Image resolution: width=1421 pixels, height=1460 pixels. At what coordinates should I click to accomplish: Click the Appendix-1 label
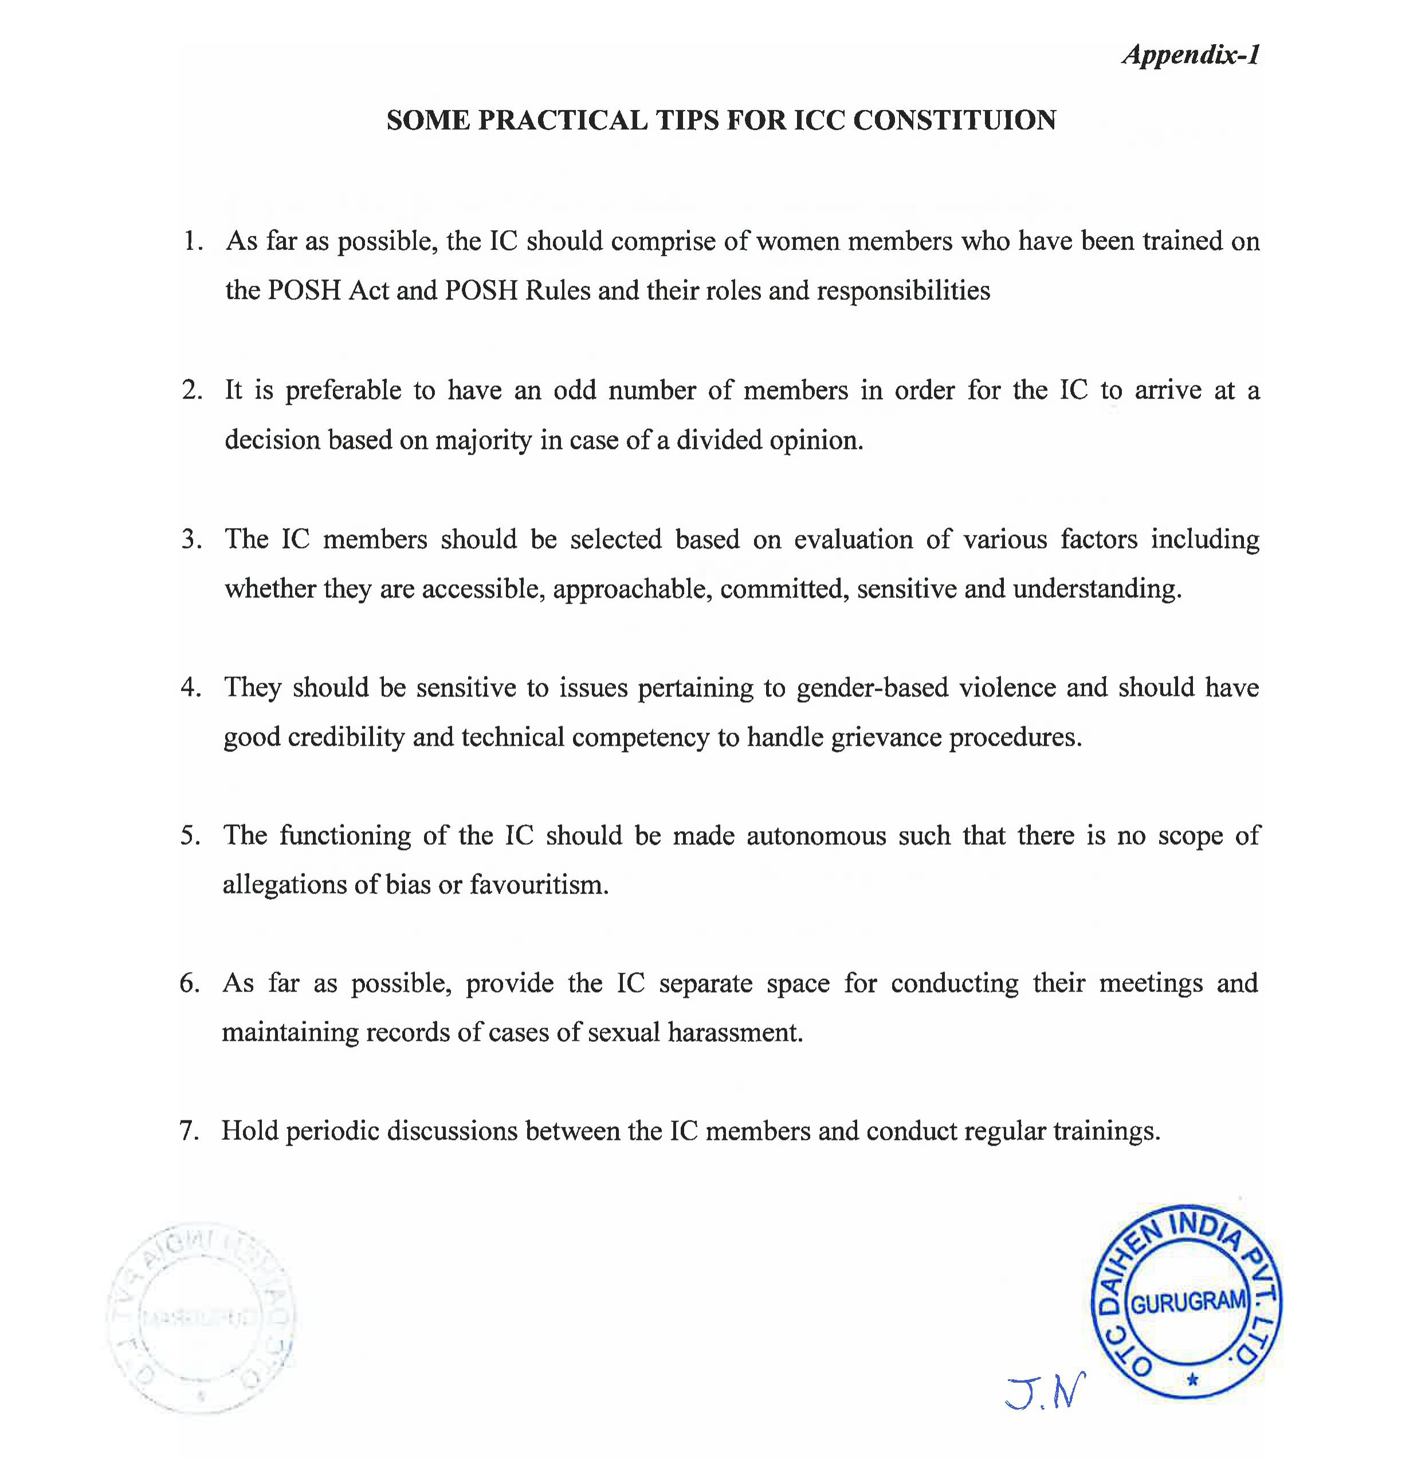1191,54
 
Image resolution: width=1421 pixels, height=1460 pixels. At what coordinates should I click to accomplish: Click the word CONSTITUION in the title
954,120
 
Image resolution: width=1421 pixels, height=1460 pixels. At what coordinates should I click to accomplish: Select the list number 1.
193,241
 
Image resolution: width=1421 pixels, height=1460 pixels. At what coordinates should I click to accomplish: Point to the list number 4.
190,687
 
